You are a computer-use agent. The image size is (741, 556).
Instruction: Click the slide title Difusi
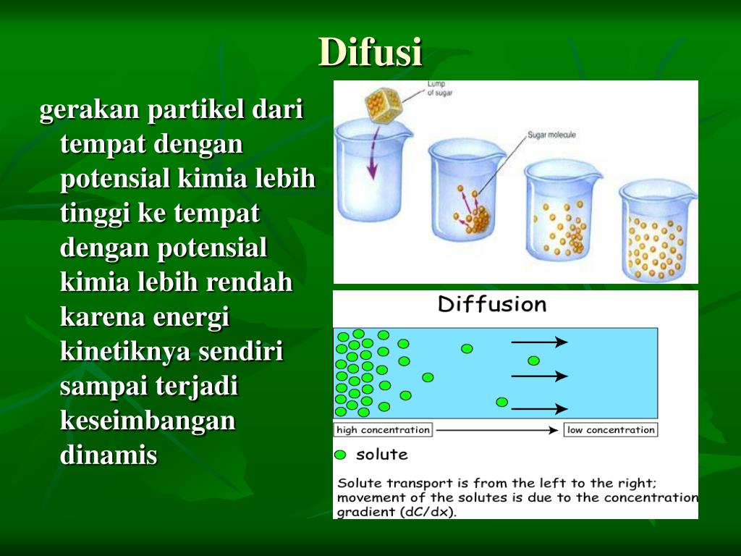(x=370, y=52)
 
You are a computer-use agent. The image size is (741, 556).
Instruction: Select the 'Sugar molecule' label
(x=551, y=135)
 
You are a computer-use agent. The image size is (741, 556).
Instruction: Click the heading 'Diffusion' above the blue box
(x=492, y=304)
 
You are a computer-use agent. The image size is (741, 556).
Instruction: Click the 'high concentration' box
(x=383, y=430)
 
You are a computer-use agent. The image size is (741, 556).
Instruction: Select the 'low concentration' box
(x=611, y=430)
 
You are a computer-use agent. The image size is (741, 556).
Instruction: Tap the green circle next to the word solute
(x=340, y=455)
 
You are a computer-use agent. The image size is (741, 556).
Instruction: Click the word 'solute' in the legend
(x=381, y=455)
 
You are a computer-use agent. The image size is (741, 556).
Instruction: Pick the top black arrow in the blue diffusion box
(x=539, y=342)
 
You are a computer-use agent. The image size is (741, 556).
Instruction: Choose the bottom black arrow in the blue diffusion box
(x=539, y=409)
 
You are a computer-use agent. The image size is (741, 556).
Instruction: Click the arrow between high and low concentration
(x=498, y=430)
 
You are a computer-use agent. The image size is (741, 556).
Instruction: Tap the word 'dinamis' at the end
(x=109, y=455)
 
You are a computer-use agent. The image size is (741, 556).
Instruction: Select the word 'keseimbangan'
(x=148, y=421)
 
